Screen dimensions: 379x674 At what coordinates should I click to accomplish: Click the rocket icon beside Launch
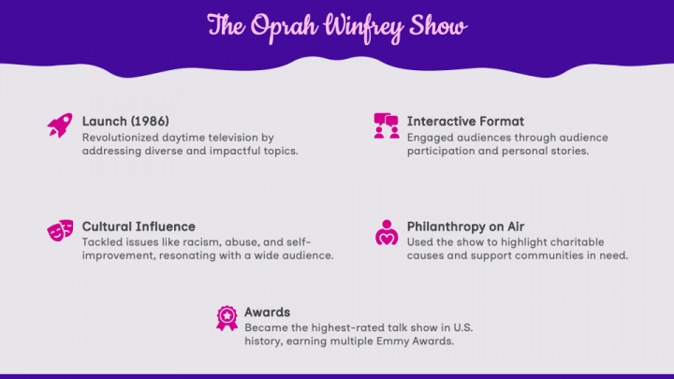pyautogui.click(x=59, y=125)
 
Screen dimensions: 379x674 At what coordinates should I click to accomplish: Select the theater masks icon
pyautogui.click(x=59, y=231)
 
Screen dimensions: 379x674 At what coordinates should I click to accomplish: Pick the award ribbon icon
pyautogui.click(x=226, y=318)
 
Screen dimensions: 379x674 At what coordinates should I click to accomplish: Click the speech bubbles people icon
pyautogui.click(x=387, y=125)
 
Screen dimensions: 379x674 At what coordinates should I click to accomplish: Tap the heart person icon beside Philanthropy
pyautogui.click(x=387, y=231)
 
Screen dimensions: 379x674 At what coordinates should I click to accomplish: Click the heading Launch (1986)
pyautogui.click(x=125, y=122)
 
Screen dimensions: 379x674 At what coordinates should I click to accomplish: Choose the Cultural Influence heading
pyautogui.click(x=139, y=226)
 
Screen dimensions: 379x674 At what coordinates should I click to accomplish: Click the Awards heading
pyautogui.click(x=267, y=313)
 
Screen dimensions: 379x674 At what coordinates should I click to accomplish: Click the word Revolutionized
pyautogui.click(x=120, y=138)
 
